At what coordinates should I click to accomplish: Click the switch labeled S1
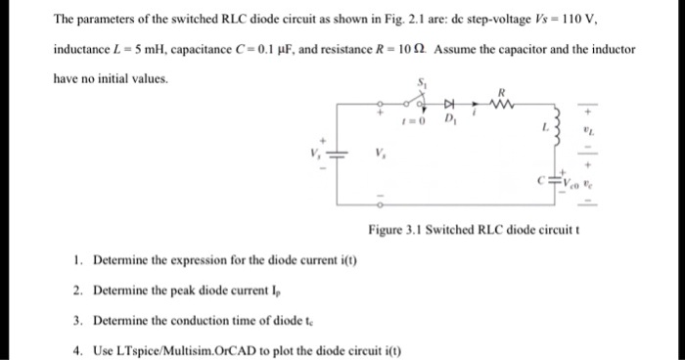(422, 98)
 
